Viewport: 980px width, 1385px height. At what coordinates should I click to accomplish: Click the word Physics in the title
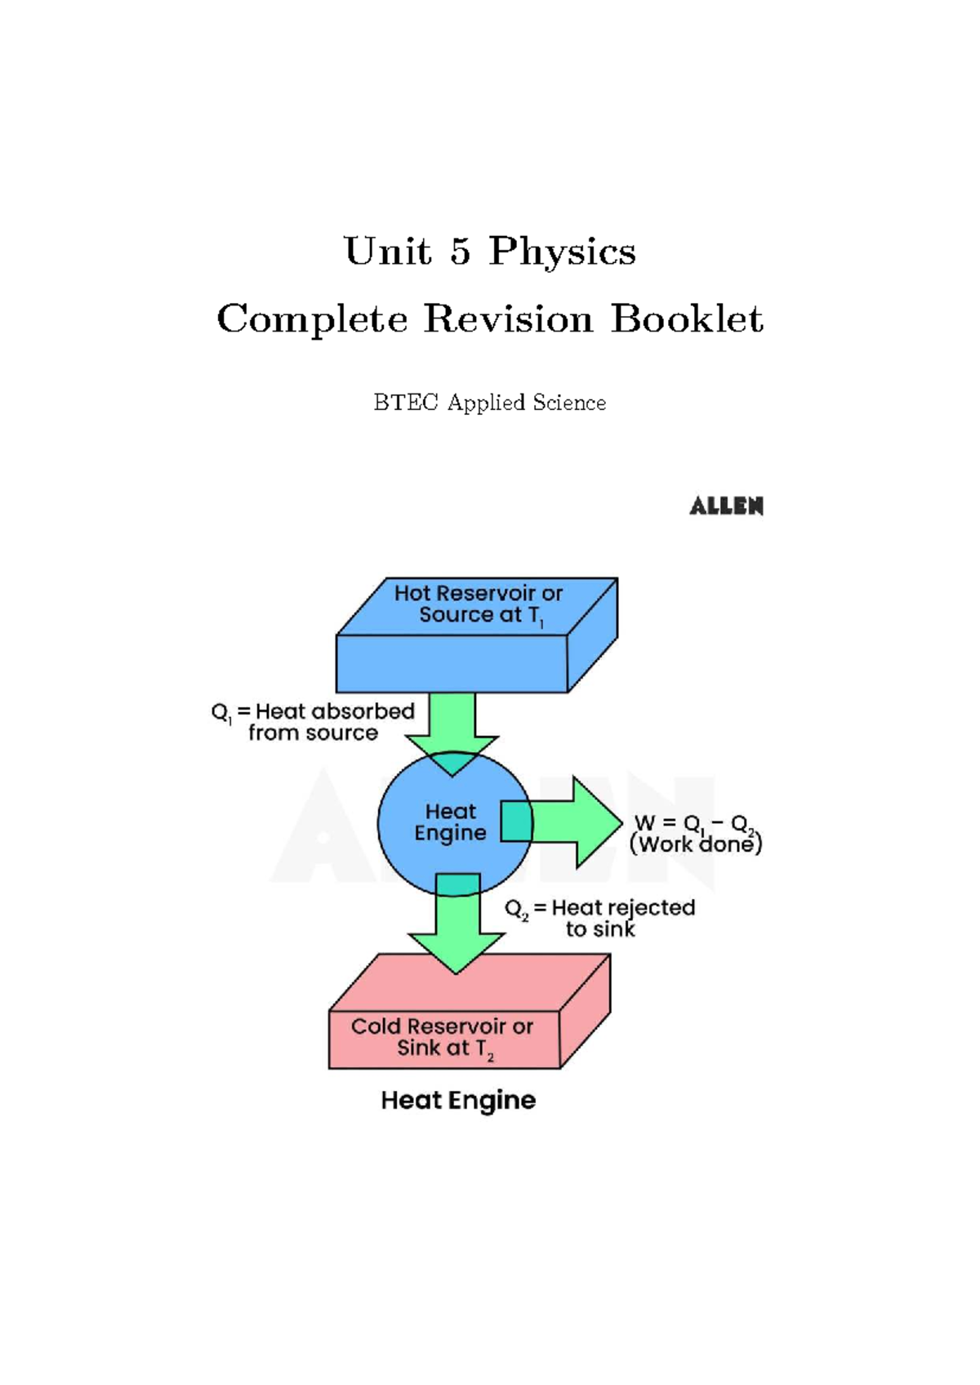(562, 252)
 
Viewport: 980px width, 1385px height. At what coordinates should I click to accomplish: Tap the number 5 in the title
(461, 251)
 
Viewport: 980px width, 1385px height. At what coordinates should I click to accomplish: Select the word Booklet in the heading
(687, 318)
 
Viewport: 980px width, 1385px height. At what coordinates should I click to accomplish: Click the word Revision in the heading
(508, 318)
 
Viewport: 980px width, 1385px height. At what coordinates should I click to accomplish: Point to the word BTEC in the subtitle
(406, 403)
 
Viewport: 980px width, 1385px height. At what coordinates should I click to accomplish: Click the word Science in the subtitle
(568, 403)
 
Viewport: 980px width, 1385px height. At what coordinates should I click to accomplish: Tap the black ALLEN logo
(726, 506)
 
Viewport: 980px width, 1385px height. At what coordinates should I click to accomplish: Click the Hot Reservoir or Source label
(479, 604)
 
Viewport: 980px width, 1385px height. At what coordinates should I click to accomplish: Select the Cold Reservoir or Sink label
(442, 1037)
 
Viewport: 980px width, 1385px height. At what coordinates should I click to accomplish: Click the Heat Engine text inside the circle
(450, 822)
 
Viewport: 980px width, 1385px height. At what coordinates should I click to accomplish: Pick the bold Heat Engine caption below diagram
(458, 1100)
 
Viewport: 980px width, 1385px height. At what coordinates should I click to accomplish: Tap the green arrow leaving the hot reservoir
(452, 723)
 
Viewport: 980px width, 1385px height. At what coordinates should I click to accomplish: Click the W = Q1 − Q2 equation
(694, 823)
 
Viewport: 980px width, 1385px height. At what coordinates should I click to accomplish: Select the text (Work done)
(696, 844)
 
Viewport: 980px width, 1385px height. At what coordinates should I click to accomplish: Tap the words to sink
(600, 929)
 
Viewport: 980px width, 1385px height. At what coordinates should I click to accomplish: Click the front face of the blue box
(452, 664)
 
